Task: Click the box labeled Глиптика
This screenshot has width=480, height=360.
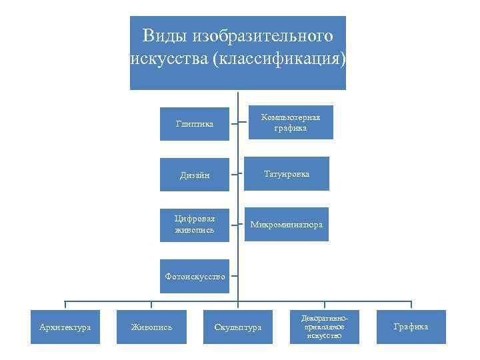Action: [195, 124]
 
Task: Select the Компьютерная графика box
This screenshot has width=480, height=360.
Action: [291, 123]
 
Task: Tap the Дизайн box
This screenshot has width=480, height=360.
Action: [195, 175]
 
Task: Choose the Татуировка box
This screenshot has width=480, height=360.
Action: [287, 174]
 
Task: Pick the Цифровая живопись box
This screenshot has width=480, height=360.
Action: [195, 225]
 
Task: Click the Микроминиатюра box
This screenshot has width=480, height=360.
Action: [287, 225]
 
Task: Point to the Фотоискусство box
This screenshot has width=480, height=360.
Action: [195, 276]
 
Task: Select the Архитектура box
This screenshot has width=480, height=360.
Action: [65, 327]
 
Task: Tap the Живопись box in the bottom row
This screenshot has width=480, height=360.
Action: [151, 327]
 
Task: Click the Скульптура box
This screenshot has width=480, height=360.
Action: [238, 327]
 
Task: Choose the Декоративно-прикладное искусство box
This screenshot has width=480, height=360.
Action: [325, 327]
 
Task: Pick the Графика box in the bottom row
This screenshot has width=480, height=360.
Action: [411, 327]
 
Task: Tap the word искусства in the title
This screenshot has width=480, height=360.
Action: [169, 59]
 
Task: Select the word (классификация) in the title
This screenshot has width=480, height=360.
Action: [279, 59]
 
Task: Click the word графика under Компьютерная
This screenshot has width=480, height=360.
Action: [291, 128]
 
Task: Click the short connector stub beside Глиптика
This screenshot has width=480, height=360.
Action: [234, 124]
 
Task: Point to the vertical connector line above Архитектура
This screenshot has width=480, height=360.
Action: [65, 305]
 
